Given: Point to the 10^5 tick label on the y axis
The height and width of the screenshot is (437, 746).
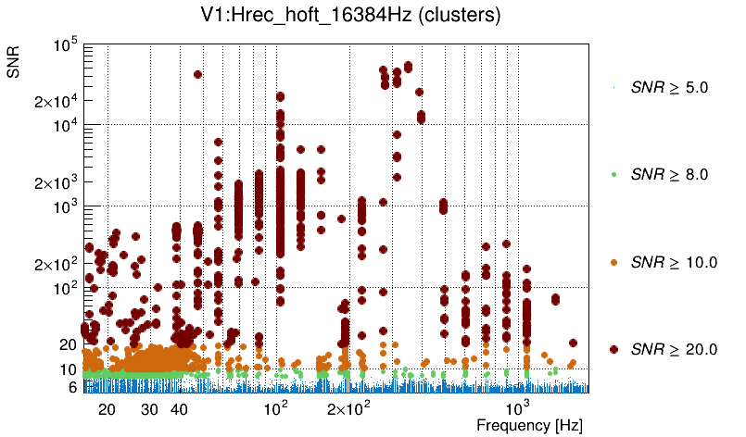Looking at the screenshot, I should coord(65,44).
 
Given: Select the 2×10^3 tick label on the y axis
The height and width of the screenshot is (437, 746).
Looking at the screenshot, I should coord(54,182).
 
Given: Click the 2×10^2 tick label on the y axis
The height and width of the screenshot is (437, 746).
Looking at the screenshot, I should coord(54,264).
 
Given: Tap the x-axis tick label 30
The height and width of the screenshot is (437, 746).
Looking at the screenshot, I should coord(149,408).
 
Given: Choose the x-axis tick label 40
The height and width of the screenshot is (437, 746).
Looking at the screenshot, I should coord(180,408).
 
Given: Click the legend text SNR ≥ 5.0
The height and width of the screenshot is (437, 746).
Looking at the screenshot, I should coord(668,88).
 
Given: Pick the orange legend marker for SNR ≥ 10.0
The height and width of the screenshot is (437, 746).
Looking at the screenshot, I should coord(613,262).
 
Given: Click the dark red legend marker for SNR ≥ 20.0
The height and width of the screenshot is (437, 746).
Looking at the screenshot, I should coord(613,349).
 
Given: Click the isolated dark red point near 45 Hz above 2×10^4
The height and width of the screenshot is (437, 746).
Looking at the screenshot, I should coord(197,74).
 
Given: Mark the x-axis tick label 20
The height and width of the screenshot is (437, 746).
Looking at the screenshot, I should coord(107,408).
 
